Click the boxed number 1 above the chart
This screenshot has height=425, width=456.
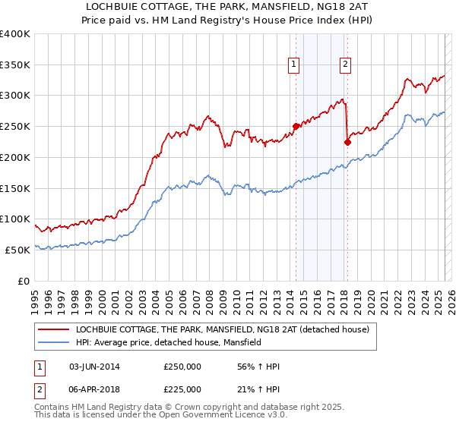(x=293, y=65)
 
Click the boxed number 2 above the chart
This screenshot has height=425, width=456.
(x=345, y=65)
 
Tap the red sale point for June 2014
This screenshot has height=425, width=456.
(x=296, y=126)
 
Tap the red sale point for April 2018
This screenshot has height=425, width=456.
(x=347, y=141)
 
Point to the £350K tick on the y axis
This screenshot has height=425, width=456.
(x=15, y=65)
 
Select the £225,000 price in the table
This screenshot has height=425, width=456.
(x=182, y=389)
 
